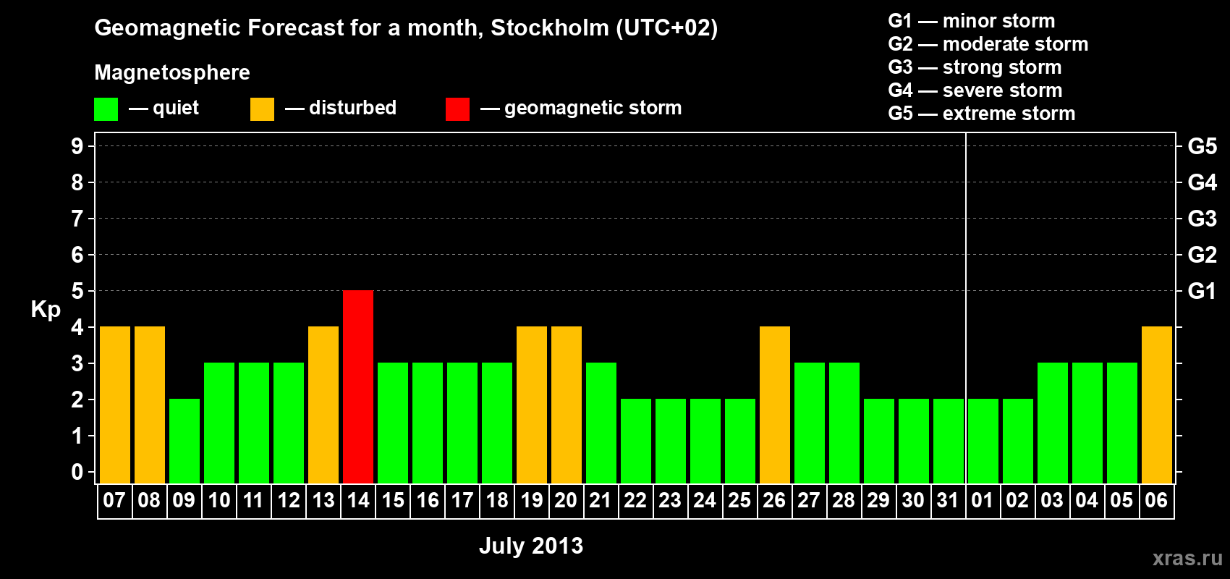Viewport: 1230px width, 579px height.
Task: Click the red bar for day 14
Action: pos(358,386)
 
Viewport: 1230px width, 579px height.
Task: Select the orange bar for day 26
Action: pos(775,405)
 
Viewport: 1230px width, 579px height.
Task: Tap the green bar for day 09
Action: pos(184,441)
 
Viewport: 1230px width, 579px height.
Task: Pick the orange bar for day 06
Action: pos(1157,405)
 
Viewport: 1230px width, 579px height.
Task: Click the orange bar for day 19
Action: pos(532,405)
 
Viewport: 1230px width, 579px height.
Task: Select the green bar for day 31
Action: pos(949,441)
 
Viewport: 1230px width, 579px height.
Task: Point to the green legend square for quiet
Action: pos(106,109)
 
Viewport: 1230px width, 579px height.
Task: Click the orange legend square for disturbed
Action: pos(262,109)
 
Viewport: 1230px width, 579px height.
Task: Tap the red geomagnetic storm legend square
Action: pos(457,109)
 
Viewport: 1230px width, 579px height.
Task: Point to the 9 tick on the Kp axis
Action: pos(77,146)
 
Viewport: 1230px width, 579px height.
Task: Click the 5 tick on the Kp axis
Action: pos(77,291)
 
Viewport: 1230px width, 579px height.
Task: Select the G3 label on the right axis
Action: pos(1202,219)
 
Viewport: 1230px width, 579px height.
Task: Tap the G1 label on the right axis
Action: pos(1202,291)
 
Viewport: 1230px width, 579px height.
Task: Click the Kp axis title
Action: pos(46,310)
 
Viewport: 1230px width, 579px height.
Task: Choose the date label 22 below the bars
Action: pos(635,500)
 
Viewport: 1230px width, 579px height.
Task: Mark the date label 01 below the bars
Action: pos(983,500)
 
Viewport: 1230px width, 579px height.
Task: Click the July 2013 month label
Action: pos(531,546)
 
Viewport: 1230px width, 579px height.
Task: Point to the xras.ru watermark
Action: pos(1187,558)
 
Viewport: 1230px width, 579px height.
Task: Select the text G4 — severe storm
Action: pos(975,90)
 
